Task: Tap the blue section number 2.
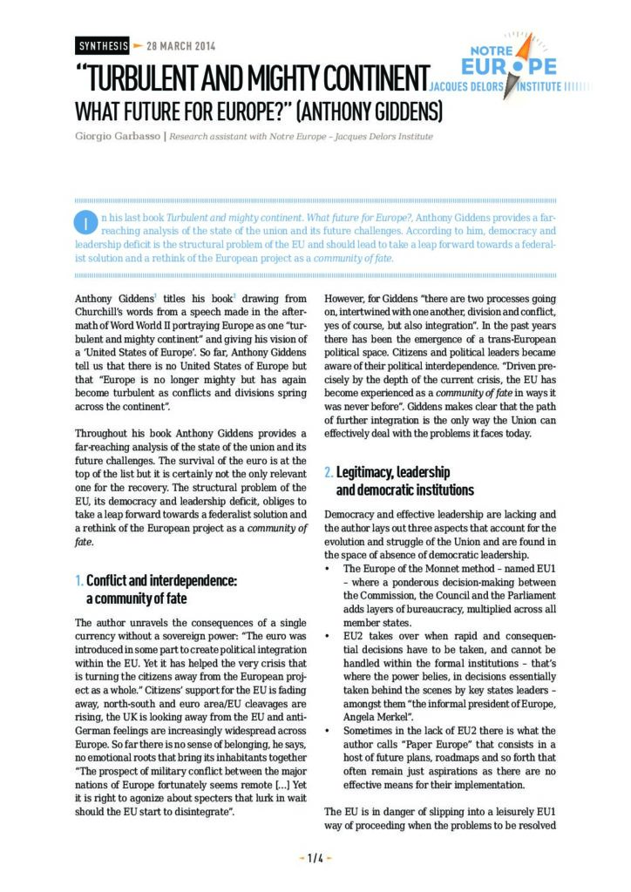coord(328,472)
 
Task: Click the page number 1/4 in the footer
coord(315,857)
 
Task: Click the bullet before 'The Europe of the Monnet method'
coord(327,569)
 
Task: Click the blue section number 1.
coord(78,580)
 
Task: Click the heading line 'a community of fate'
coord(136,598)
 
